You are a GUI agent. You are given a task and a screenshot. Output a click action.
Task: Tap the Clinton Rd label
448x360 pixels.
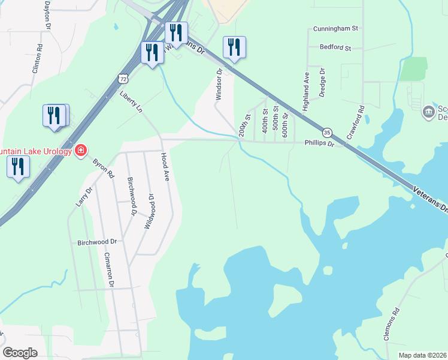pos(37,58)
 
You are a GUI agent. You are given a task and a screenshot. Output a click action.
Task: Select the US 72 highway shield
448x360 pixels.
pos(123,79)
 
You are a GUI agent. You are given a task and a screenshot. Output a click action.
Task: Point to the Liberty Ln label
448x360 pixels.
pos(131,103)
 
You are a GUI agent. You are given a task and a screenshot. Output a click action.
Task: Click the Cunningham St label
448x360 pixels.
pos(335,28)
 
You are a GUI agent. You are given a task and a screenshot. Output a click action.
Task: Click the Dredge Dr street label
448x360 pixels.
pos(322,82)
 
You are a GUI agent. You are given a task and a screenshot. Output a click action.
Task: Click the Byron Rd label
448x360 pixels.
pos(103,168)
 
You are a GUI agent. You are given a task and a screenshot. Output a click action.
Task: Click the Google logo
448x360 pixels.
pos(20,353)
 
